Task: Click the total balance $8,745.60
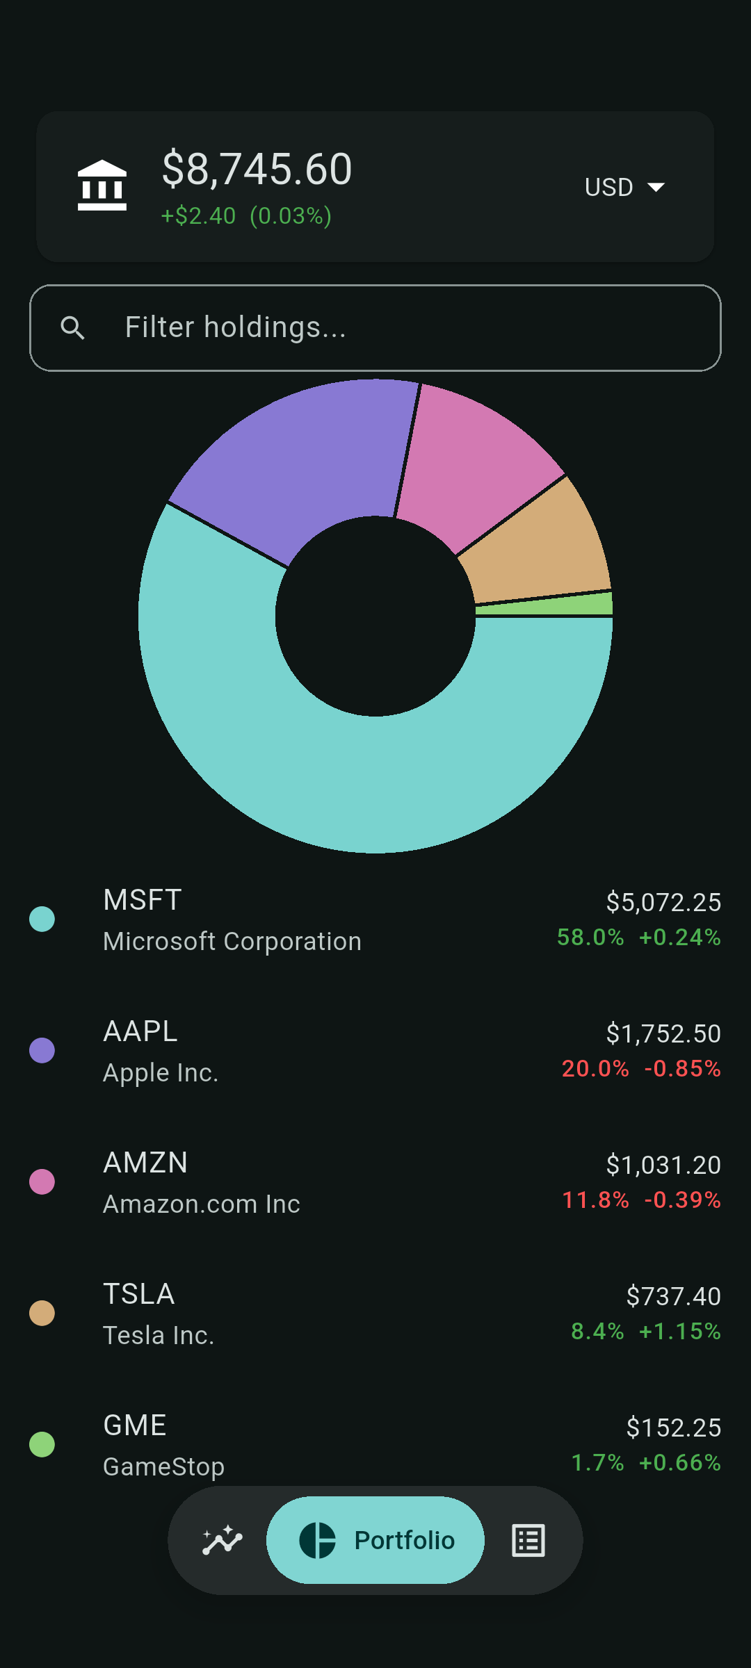[257, 169]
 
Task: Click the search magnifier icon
[72, 327]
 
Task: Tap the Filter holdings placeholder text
[235, 327]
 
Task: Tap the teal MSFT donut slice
[375, 785]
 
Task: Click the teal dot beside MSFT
[42, 919]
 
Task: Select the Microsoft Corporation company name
[232, 941]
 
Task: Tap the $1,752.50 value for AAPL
[663, 1033]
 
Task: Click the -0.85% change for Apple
[683, 1068]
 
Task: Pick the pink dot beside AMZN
[42, 1181]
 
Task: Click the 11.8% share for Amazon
[595, 1200]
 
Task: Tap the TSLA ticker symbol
[139, 1294]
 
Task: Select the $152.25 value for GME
[674, 1428]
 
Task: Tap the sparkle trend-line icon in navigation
[223, 1540]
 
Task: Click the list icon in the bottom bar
[528, 1540]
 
